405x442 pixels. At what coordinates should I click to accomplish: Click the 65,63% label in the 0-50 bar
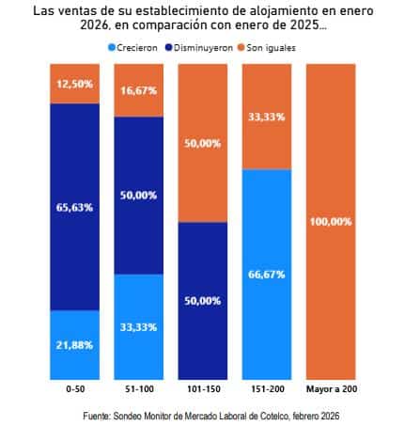point(74,207)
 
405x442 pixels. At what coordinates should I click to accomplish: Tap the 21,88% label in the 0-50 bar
point(74,345)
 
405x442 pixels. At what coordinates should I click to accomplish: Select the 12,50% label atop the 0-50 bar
point(74,84)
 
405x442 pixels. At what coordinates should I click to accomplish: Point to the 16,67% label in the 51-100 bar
point(137,92)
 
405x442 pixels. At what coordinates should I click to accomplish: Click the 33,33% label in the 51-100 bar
point(137,327)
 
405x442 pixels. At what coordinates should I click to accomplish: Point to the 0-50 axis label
point(74,388)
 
